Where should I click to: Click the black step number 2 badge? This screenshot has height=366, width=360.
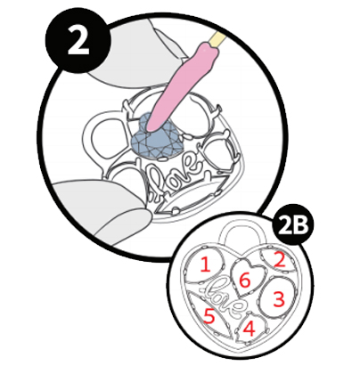78,40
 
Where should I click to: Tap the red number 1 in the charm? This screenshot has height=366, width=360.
206,264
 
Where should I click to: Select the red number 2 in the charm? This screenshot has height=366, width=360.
280,260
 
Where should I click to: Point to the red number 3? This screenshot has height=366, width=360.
279,299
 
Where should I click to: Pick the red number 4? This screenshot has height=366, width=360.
250,329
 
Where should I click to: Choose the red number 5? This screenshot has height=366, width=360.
209,315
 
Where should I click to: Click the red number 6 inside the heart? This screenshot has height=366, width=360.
245,281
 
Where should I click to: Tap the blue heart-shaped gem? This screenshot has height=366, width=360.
157,137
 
